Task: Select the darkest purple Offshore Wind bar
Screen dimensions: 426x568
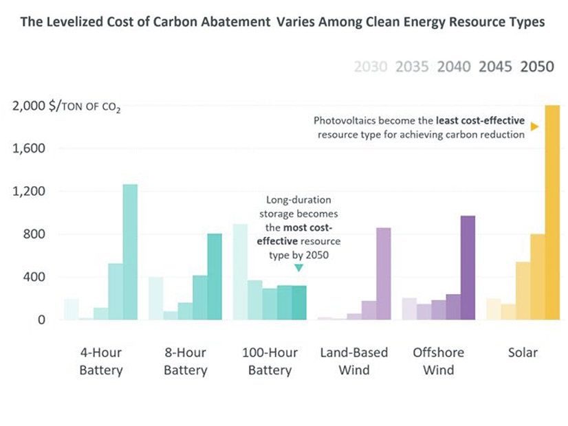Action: (x=468, y=268)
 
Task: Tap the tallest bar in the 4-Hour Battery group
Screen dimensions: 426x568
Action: (x=130, y=251)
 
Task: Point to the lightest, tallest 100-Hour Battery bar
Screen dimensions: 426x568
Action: (x=240, y=272)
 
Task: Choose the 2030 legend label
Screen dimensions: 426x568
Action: (x=370, y=67)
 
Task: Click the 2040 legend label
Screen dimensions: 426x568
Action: (x=454, y=67)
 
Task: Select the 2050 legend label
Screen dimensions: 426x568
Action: (x=538, y=67)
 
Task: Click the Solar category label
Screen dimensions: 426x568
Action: (x=523, y=353)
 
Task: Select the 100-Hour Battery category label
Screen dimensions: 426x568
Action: (x=270, y=361)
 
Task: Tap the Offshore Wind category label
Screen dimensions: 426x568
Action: (x=438, y=361)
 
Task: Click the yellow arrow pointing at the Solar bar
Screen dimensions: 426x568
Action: (x=534, y=126)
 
